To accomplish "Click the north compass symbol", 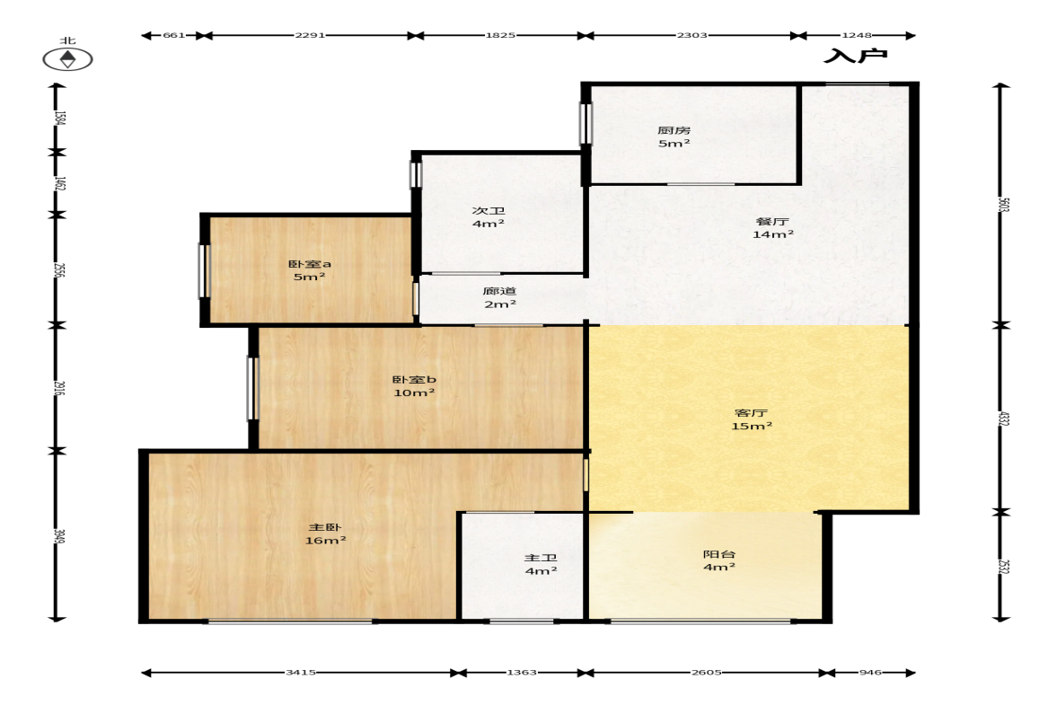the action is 67,59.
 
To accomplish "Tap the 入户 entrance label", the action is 856,56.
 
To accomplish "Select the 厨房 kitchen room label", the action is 674,130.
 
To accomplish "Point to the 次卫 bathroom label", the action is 488,210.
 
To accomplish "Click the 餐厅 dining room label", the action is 772,221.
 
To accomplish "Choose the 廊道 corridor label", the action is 499,291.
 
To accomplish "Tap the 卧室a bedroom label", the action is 310,264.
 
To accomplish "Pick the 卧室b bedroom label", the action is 414,380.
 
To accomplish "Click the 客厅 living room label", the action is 751,412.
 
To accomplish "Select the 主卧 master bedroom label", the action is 325,527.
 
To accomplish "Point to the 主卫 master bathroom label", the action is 541,558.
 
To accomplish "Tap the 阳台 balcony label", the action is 719,554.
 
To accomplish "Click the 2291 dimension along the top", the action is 310,35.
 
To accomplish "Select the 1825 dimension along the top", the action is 500,35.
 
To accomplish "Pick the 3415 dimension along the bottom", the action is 301,672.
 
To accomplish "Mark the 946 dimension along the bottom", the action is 870,672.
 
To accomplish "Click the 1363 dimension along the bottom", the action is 521,672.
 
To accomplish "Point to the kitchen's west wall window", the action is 586,123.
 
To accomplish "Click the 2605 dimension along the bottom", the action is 706,672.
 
